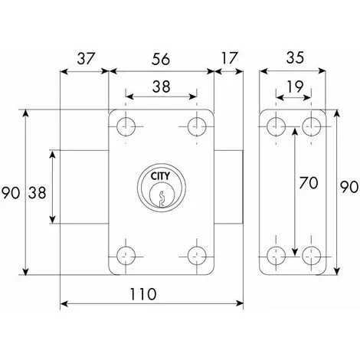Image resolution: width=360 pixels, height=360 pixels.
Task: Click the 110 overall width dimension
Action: [143, 294]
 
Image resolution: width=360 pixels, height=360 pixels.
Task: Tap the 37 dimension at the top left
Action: [86, 58]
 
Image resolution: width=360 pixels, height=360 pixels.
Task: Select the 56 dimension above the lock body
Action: [161, 59]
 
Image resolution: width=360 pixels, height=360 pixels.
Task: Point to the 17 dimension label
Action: [229, 58]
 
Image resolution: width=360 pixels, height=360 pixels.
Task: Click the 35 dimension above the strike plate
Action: [295, 57]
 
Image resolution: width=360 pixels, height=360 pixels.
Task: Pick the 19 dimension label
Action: [295, 87]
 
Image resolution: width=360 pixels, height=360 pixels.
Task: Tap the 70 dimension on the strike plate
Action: [309, 183]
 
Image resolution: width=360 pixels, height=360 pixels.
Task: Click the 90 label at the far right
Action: [349, 187]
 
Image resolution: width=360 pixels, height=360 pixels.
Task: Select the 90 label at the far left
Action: [11, 193]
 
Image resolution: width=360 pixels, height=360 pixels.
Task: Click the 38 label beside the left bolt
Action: [38, 193]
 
